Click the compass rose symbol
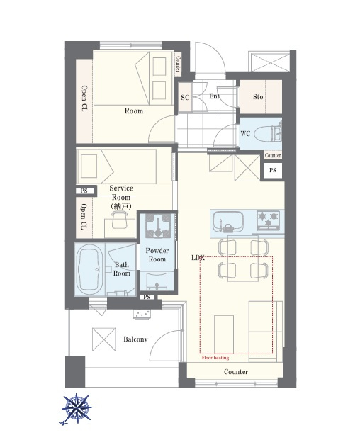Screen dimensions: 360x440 click(77, 408)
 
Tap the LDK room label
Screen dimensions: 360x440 click(198, 258)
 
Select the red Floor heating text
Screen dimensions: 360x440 click(215, 358)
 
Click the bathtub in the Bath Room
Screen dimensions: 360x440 click(89, 269)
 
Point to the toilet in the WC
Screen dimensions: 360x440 click(267, 134)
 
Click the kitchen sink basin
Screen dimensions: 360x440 click(228, 222)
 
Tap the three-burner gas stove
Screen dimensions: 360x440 click(269, 220)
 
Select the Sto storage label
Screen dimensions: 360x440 click(258, 97)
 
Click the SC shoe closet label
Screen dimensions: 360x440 click(185, 97)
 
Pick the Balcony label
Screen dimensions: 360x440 click(135, 339)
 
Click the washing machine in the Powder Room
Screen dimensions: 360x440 click(158, 225)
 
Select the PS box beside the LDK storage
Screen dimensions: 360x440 click(273, 170)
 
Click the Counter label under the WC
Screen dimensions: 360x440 click(273, 155)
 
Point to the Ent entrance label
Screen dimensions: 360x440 click(214, 96)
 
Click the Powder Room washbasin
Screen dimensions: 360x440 click(157, 281)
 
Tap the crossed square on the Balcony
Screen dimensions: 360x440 click(104, 339)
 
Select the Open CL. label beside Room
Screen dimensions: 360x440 click(84, 99)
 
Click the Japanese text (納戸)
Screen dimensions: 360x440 click(121, 206)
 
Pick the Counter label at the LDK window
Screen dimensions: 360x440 click(236, 372)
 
